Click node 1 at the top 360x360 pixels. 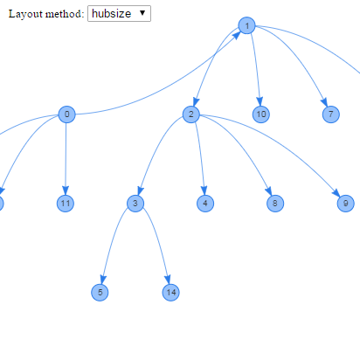click(x=246, y=25)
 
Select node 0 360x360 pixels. click(x=66, y=114)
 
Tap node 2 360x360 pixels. click(x=191, y=114)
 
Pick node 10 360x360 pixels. click(x=261, y=114)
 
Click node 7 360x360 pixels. click(x=331, y=114)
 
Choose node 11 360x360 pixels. click(x=66, y=204)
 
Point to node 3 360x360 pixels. click(x=135, y=204)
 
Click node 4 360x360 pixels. click(x=205, y=204)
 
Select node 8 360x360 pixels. click(x=275, y=204)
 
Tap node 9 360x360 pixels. click(x=346, y=204)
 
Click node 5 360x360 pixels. click(x=100, y=292)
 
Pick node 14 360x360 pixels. click(x=170, y=292)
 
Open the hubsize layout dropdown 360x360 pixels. click(x=119, y=13)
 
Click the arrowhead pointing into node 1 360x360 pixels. click(x=237, y=35)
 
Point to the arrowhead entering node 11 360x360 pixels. click(x=66, y=190)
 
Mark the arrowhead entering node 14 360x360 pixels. click(x=168, y=280)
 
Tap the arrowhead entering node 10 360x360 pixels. click(x=260, y=101)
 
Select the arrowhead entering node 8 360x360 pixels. click(x=269, y=191)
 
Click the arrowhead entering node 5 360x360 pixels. click(x=103, y=280)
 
